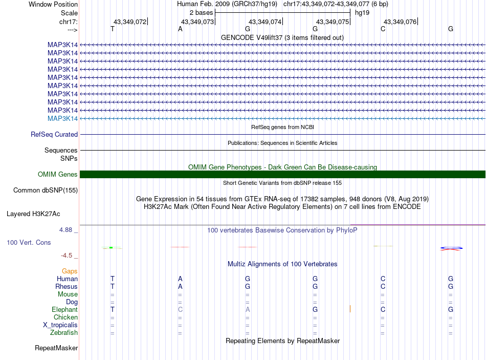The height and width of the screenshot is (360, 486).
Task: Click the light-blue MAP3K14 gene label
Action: (62, 118)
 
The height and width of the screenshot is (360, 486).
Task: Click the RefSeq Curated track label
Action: (54, 135)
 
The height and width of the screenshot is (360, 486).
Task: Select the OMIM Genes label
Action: (58, 175)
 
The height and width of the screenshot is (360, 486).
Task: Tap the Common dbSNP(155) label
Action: (45, 190)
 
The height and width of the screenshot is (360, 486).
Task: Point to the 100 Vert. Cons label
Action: (29, 242)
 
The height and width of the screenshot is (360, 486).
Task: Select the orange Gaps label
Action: (70, 271)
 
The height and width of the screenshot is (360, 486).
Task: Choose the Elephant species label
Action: (64, 310)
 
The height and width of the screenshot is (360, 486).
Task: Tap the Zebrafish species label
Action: (64, 333)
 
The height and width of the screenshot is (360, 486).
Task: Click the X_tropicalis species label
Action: (60, 325)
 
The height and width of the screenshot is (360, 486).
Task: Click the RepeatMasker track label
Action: (56, 348)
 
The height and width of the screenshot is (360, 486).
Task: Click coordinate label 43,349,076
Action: (400, 22)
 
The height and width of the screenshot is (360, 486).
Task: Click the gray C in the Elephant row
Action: (180, 310)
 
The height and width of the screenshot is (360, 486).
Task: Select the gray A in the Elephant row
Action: (248, 310)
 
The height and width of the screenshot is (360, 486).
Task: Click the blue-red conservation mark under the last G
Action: (451, 249)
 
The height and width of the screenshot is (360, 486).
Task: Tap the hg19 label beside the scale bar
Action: (362, 12)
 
